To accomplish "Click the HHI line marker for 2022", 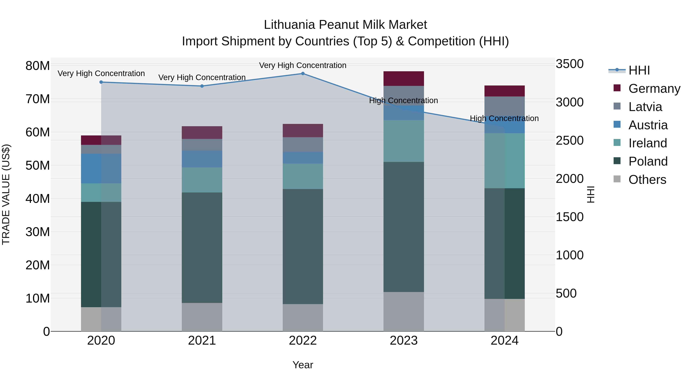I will click(303, 74).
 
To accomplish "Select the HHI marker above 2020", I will click(101, 82).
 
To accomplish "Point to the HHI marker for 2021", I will click(202, 86).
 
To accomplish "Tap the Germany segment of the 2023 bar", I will click(403, 79).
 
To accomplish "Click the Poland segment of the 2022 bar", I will click(303, 246).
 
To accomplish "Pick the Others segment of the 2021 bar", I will click(202, 317).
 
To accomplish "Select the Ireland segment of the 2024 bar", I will click(505, 161).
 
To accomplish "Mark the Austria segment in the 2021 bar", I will click(202, 159).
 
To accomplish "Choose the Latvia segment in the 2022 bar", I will click(303, 144).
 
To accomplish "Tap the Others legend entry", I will click(647, 180).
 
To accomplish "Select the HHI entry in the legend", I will click(639, 70).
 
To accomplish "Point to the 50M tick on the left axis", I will click(38, 166).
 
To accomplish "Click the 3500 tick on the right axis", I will click(569, 64).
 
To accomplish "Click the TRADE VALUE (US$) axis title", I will click(6, 194).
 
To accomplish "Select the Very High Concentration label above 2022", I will click(303, 66).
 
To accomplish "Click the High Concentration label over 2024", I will click(504, 118).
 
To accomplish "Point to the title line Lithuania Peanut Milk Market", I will click(345, 25).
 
